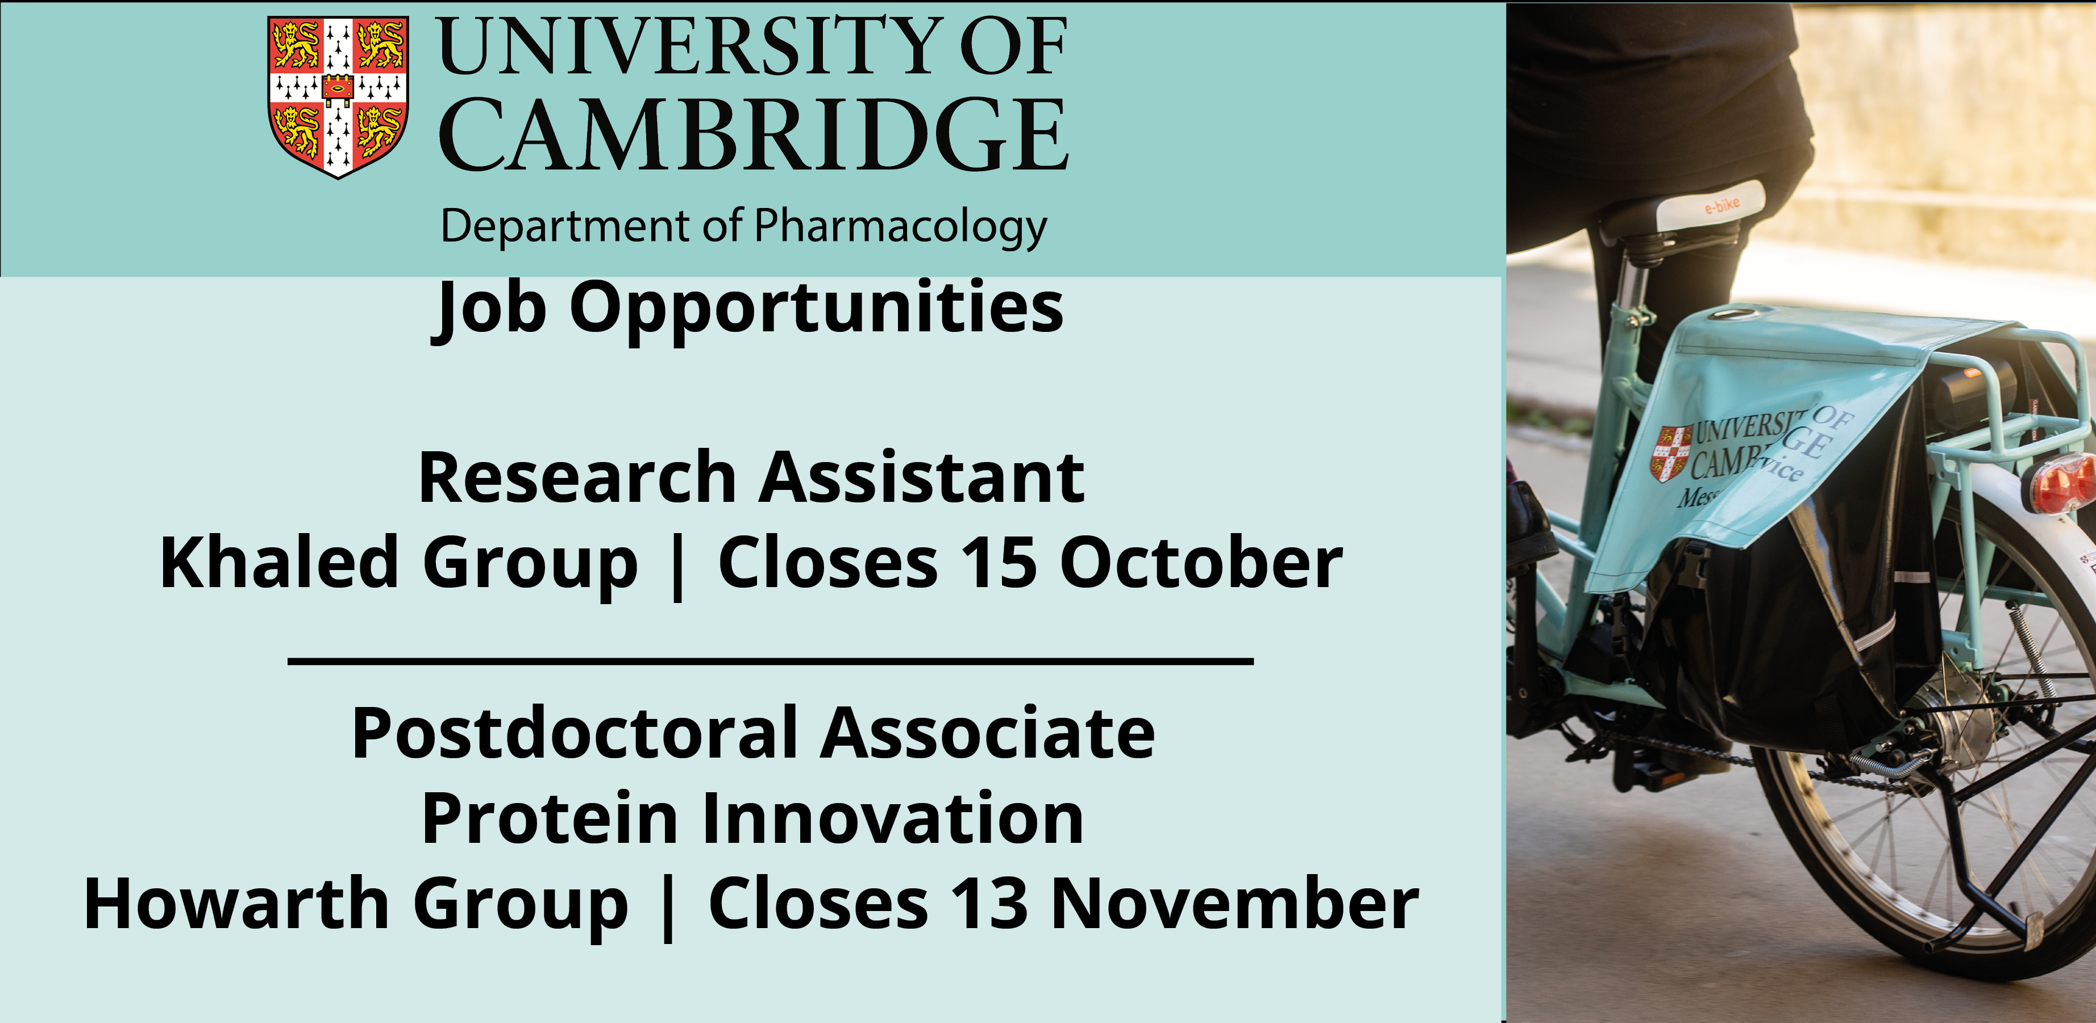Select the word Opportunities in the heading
[816, 307]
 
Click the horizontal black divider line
[771, 662]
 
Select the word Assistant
[922, 478]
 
